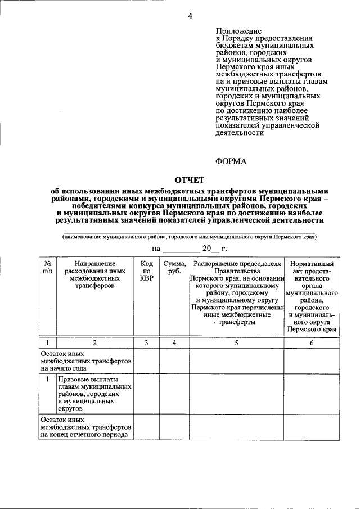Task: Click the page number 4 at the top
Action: click(x=190, y=16)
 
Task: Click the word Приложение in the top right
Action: click(x=238, y=31)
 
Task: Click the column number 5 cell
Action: click(x=236, y=343)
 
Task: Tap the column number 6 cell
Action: click(x=312, y=343)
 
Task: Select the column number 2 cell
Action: click(x=94, y=343)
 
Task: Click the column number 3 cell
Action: click(x=146, y=343)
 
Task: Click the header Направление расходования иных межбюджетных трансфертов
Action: click(x=94, y=274)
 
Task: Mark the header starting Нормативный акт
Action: click(x=312, y=296)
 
